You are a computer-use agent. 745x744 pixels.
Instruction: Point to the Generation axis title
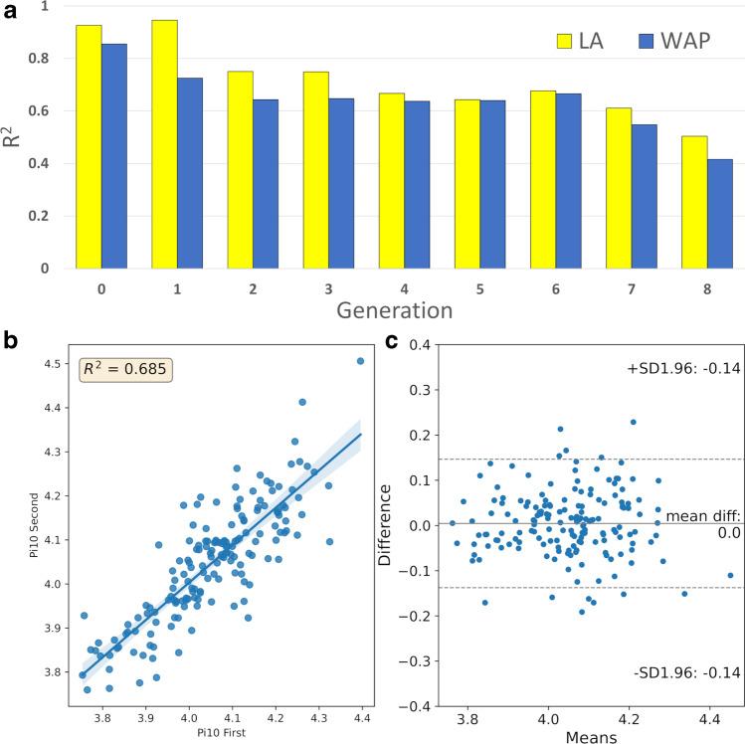click(394, 310)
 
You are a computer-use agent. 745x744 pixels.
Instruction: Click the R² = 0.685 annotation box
click(127, 371)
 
